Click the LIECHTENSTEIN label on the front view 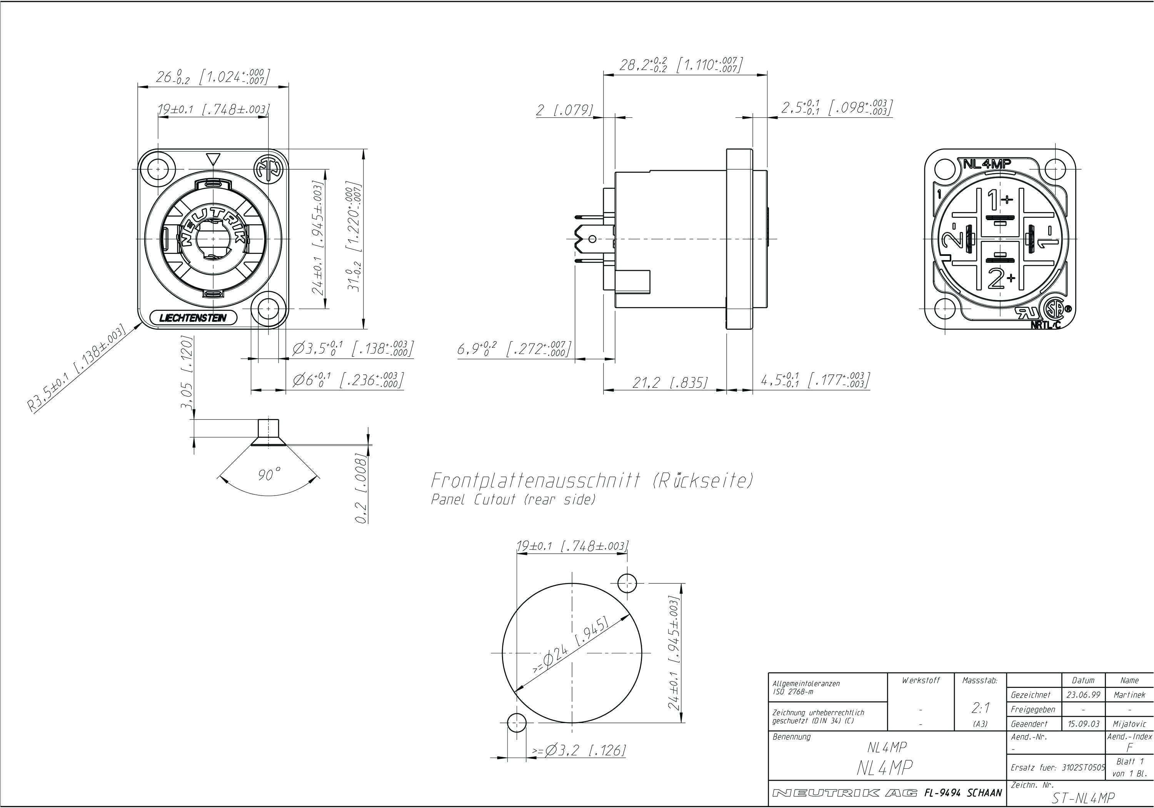pyautogui.click(x=193, y=318)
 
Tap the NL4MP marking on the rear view pyautogui.click(x=987, y=164)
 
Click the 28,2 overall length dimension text pyautogui.click(x=680, y=65)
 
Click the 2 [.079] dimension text pyautogui.click(x=564, y=110)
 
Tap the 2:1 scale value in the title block pyautogui.click(x=980, y=708)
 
